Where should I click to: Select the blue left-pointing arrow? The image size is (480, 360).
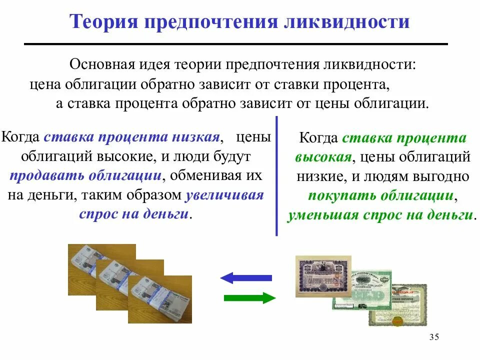click(246, 277)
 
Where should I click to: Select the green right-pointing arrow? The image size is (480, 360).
click(249, 298)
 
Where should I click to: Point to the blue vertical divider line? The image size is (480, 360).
click(276, 175)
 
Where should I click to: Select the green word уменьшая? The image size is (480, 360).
click(321, 215)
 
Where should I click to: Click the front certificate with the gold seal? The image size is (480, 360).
click(400, 305)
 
